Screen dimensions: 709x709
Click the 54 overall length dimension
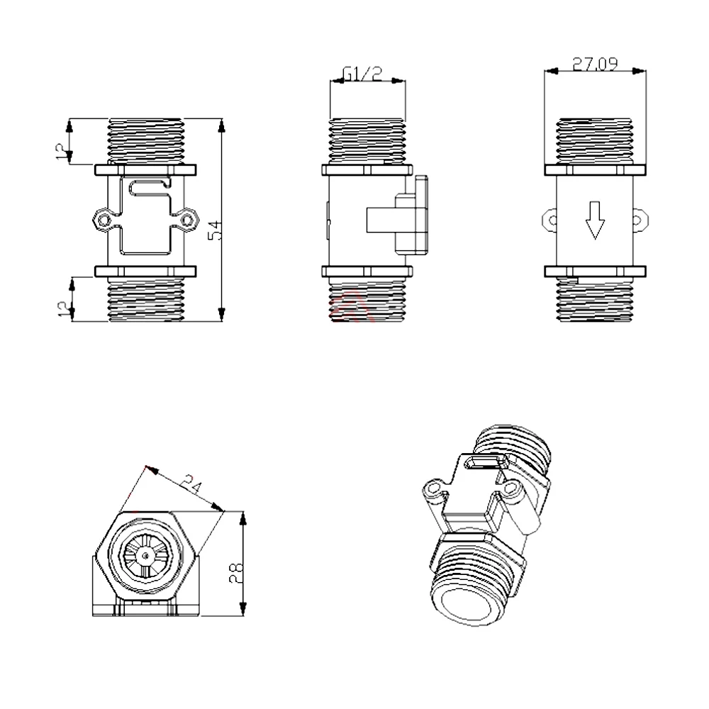pos(218,230)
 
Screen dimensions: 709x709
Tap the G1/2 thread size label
pos(362,74)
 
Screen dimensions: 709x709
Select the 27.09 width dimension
pos(595,65)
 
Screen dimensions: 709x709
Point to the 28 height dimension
pos(236,573)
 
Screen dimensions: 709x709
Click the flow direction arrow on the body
pos(595,220)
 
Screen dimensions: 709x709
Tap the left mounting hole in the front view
pos(104,220)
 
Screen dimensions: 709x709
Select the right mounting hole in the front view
pos(186,220)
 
